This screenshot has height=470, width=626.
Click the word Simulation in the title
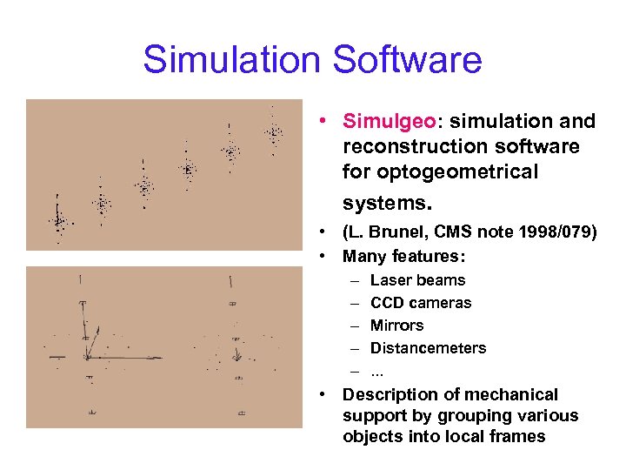click(x=225, y=60)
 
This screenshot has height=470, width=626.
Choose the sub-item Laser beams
click(x=417, y=280)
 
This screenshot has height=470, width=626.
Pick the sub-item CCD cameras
click(x=421, y=303)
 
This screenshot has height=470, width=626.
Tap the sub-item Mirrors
click(x=396, y=326)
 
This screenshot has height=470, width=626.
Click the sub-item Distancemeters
click(x=428, y=348)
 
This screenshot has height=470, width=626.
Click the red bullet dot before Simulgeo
click(x=323, y=122)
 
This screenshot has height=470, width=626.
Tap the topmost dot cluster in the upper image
click(x=274, y=133)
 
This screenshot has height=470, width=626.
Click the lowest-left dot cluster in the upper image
click(x=59, y=222)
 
